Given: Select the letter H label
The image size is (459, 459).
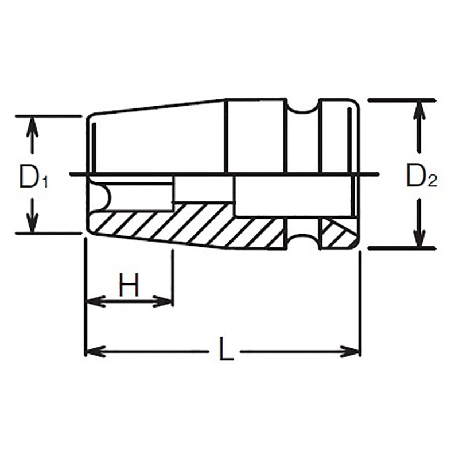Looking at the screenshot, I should [x=129, y=285].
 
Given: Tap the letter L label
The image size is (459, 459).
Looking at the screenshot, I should [x=226, y=349].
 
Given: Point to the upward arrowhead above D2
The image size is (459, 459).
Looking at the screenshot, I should [x=421, y=110].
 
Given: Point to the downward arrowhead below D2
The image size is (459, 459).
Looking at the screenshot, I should [x=421, y=236].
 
